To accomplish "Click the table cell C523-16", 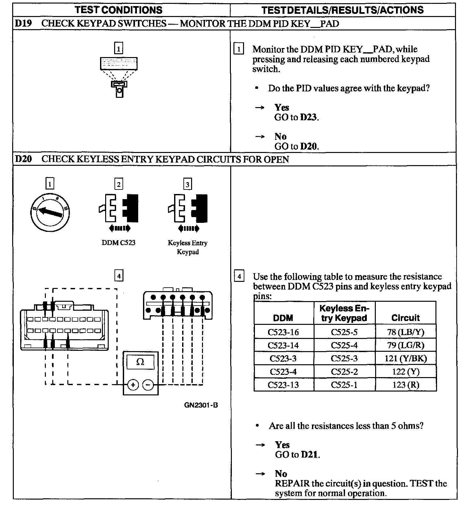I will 283,332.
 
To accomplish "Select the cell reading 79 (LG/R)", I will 406,345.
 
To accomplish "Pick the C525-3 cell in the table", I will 344,358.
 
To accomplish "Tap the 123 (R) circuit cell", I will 406,385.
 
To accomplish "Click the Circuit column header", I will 405,318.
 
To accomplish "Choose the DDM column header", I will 283,318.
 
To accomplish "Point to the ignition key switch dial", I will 50,212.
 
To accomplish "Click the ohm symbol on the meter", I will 140,362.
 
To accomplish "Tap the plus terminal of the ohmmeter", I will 133,384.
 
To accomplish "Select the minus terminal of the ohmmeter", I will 148,384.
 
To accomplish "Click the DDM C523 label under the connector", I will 118,243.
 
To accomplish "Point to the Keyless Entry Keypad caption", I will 188,247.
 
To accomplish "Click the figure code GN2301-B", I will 201,405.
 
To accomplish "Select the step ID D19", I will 23,23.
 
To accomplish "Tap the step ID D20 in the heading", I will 23,159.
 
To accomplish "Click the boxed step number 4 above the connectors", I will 119,276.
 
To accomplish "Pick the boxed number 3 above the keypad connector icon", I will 188,184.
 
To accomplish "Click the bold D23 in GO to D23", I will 308,117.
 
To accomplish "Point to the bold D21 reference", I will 309,455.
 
